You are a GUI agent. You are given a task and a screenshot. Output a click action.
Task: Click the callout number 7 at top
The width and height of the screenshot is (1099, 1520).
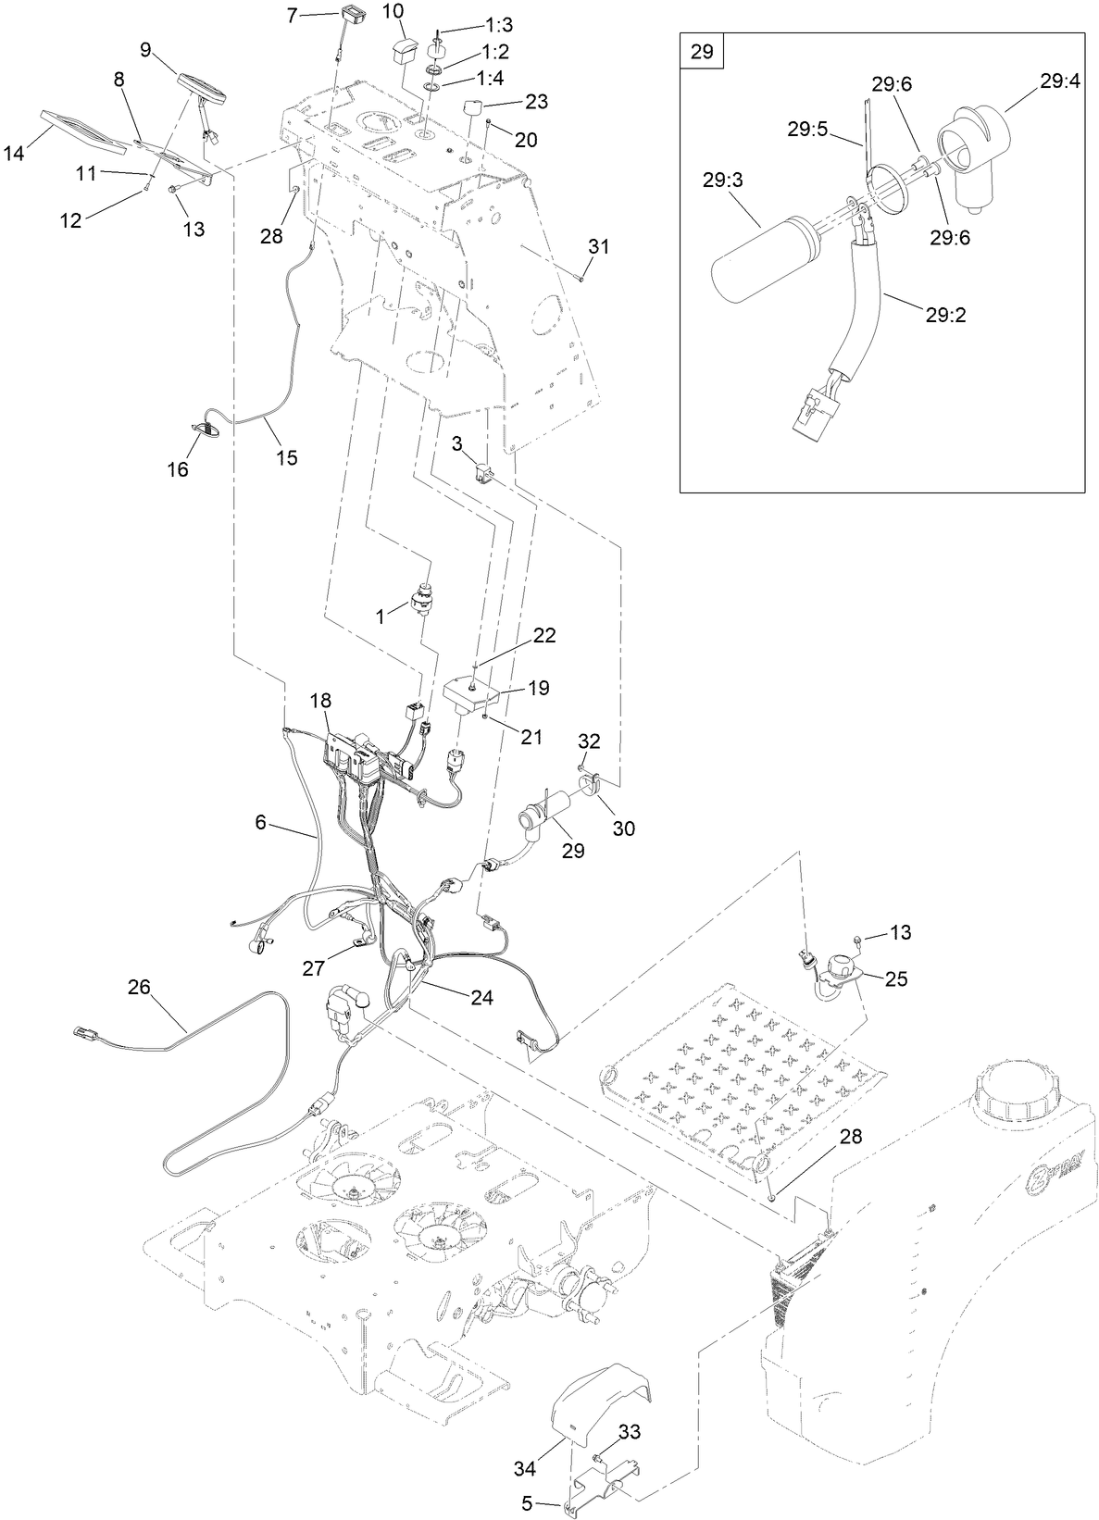point(292,15)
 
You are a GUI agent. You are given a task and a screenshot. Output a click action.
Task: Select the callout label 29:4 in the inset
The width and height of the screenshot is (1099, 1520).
point(1059,81)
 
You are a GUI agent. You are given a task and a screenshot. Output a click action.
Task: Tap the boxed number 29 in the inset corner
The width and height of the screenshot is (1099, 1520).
point(702,52)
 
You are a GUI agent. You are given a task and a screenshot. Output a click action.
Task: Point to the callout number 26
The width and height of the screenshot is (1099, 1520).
point(139,988)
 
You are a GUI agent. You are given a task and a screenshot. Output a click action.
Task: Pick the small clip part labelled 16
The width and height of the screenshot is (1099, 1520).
point(205,429)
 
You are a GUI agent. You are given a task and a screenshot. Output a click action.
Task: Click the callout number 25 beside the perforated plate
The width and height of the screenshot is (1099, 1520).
point(896,978)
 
